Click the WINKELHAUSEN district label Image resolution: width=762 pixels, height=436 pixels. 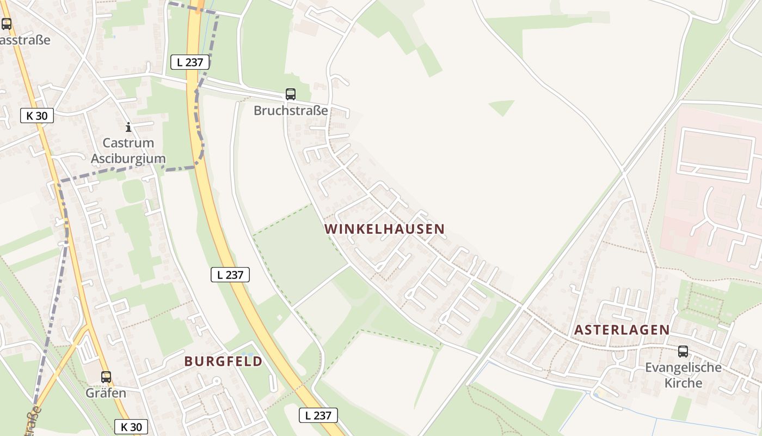click(x=385, y=229)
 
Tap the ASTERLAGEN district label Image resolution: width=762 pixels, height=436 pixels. click(x=622, y=330)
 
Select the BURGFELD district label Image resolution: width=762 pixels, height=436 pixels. click(x=223, y=361)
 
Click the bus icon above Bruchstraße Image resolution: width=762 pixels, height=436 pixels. click(x=291, y=94)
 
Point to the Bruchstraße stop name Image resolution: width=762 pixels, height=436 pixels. click(x=291, y=111)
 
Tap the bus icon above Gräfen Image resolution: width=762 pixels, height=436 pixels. click(x=106, y=377)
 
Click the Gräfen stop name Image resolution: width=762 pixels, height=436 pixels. click(x=106, y=393)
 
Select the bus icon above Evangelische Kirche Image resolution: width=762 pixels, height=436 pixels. click(x=683, y=352)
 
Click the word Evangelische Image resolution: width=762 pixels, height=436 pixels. click(x=683, y=367)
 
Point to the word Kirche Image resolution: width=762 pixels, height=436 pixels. click(x=683, y=383)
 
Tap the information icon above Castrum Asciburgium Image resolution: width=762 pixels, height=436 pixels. click(x=128, y=127)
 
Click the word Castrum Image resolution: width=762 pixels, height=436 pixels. click(x=128, y=143)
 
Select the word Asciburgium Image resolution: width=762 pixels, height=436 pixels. click(x=128, y=159)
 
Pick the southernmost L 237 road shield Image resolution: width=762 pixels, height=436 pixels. click(x=318, y=415)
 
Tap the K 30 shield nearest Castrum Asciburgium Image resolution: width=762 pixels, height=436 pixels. click(x=37, y=116)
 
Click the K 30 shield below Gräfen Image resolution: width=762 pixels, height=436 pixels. click(x=131, y=427)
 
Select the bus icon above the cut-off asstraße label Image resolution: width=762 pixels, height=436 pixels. click(x=7, y=24)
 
